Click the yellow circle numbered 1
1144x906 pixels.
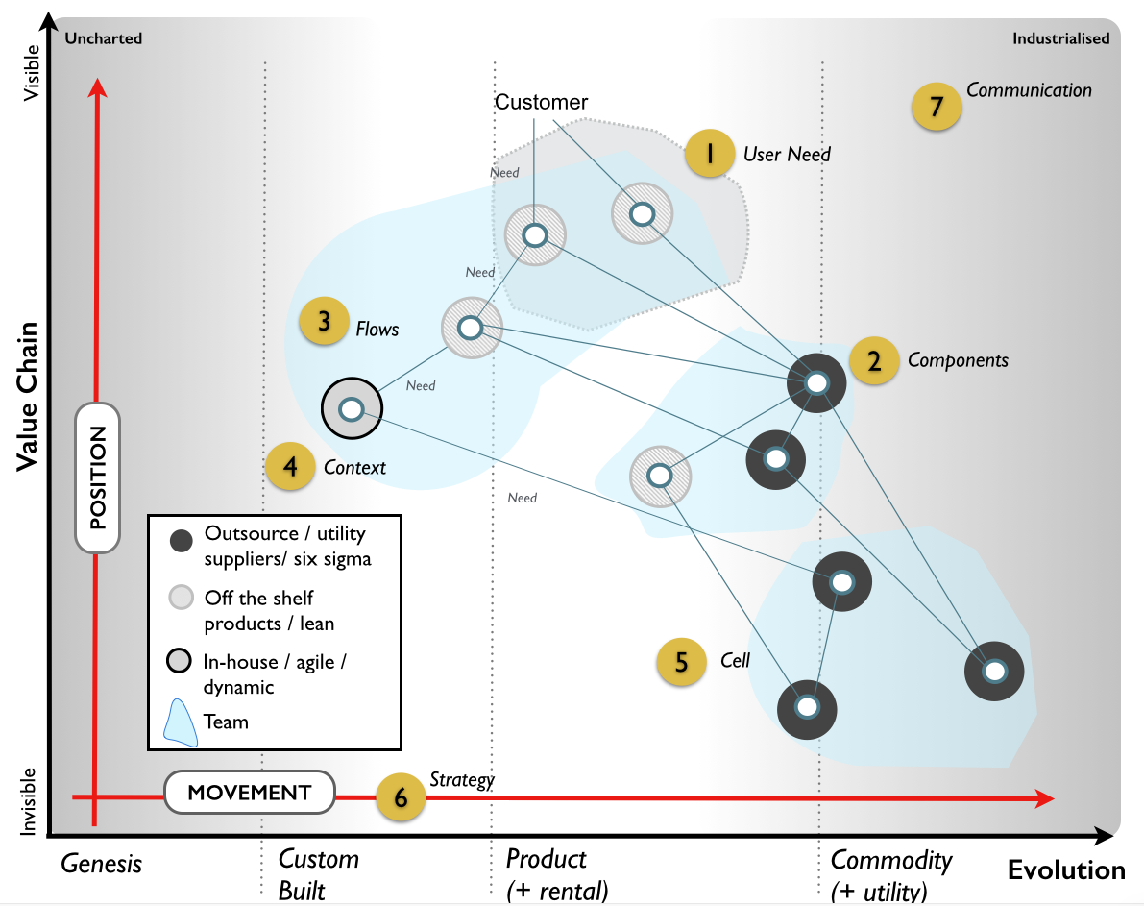pos(710,154)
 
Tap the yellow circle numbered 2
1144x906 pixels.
pos(874,360)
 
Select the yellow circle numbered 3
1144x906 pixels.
pos(325,322)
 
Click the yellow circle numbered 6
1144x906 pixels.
pos(401,797)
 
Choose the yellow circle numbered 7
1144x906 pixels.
pos(937,105)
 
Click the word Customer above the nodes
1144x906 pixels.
pos(541,103)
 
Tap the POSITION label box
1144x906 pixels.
pos(98,477)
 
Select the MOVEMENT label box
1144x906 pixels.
pos(249,793)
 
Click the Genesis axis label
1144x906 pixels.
pos(101,864)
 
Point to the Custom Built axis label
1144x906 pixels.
pos(318,873)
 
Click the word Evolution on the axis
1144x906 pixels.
pos(1065,870)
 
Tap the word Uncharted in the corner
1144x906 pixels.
pos(103,38)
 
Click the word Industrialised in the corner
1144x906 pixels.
pos(1060,38)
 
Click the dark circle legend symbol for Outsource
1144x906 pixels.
pos(181,542)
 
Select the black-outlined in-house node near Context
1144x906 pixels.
pos(352,409)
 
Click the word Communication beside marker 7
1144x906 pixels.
pos(1029,90)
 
